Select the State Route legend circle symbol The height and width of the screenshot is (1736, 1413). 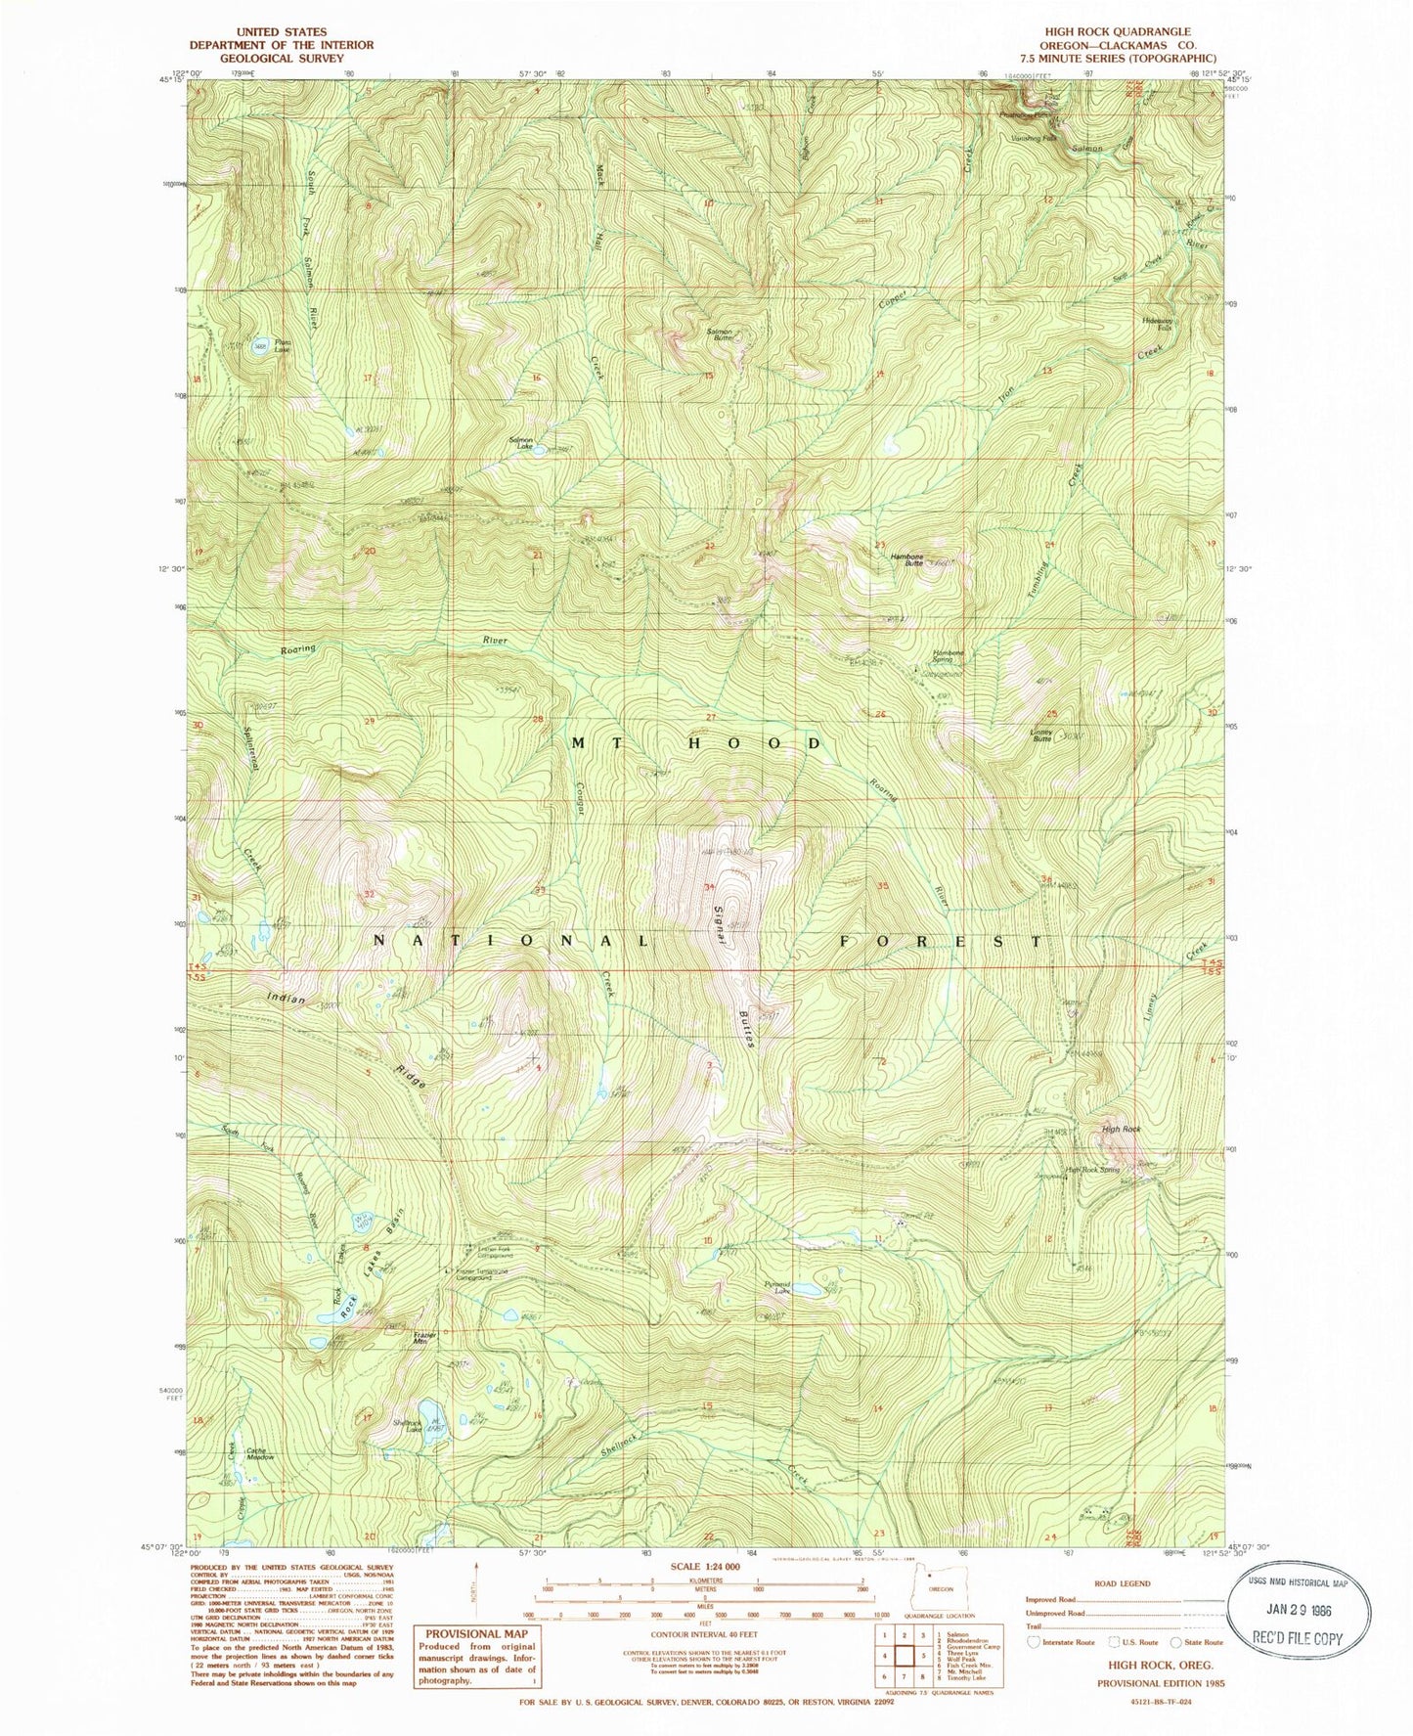(x=1176, y=1642)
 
